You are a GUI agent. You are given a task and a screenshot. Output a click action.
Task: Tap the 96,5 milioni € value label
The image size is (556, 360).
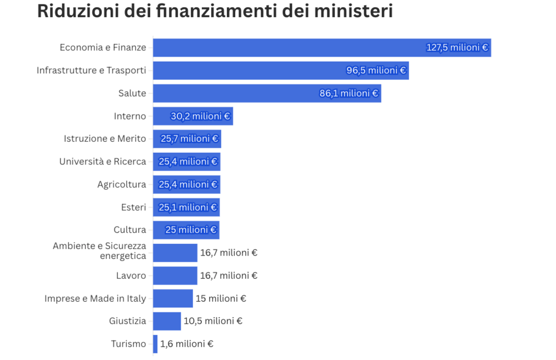tap(376, 71)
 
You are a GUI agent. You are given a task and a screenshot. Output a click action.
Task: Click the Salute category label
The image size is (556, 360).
tap(132, 93)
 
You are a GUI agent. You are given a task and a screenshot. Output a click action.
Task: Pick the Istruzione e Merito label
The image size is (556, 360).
tap(105, 139)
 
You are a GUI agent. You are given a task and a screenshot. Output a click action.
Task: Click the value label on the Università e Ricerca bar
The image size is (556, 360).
tap(187, 162)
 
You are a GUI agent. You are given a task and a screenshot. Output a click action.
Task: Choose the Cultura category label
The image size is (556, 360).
tap(130, 230)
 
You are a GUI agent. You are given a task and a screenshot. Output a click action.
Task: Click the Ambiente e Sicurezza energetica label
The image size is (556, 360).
tap(100, 251)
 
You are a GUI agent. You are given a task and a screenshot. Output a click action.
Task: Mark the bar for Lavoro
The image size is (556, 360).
tap(175, 276)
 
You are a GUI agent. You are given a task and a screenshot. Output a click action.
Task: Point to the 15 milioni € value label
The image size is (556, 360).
tap(221, 298)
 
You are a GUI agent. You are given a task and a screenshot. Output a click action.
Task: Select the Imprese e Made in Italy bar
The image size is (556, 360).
tap(172, 298)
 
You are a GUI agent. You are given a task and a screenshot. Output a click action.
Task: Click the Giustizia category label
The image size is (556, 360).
tap(128, 321)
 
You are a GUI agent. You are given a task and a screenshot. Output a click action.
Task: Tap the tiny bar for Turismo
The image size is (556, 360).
tap(155, 344)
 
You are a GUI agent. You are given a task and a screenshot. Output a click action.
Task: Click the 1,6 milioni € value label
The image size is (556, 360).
tap(187, 344)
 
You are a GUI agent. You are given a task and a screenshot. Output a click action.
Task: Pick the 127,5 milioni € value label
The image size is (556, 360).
tap(457, 48)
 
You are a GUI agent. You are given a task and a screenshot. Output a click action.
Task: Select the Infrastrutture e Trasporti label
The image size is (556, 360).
tap(91, 71)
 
